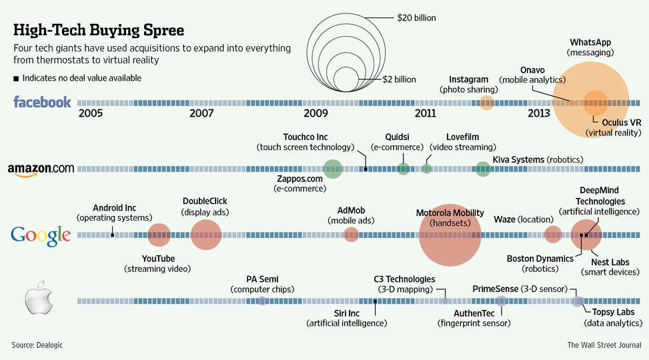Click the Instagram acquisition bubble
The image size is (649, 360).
pos(487,103)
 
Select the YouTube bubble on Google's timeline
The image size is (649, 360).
pos(159,235)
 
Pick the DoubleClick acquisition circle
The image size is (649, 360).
pos(205,235)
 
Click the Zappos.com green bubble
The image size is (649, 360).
pos(332,169)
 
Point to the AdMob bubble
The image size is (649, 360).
pos(351,235)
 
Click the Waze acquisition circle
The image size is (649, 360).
pos(553,235)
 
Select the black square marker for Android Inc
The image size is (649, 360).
pos(113,235)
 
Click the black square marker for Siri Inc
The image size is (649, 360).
pos(376,301)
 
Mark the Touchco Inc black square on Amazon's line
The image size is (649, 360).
pos(366,169)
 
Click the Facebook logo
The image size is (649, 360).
pos(42,102)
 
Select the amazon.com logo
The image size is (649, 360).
pos(41,169)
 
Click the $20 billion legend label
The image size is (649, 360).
pos(416,18)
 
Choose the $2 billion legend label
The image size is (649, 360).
pos(399,79)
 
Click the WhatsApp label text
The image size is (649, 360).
pos(591,43)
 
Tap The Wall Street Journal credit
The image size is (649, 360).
pos(604,345)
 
